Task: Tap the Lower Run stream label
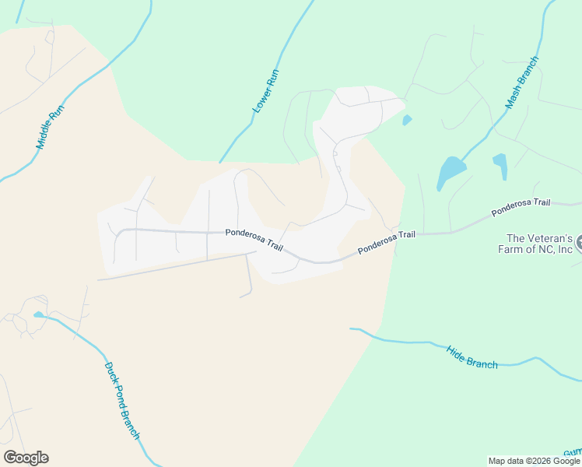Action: (266, 92)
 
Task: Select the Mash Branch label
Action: (522, 82)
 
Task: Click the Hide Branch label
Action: (472, 357)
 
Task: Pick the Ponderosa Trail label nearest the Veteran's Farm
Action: (521, 207)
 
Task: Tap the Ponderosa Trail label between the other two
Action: (387, 242)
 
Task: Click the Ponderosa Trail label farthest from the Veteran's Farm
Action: (254, 238)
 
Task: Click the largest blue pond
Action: (451, 171)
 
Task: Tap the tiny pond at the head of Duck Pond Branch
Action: (39, 315)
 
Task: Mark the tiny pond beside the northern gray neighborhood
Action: (407, 120)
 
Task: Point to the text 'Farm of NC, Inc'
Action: (539, 250)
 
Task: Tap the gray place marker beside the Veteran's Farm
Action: (578, 245)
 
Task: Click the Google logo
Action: (26, 458)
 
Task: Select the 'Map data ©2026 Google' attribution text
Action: (534, 461)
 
